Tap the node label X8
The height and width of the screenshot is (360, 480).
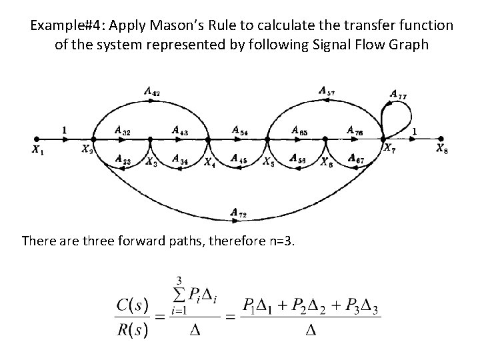442,149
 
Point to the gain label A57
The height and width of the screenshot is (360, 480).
327,91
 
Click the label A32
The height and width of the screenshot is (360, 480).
122,131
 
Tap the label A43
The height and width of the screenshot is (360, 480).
179,131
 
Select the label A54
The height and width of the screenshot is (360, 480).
240,131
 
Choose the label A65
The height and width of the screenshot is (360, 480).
299,131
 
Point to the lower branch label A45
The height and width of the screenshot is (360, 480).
239,159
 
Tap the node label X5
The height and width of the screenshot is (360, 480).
267,162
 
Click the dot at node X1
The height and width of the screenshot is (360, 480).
37,140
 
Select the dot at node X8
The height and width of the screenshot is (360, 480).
439,140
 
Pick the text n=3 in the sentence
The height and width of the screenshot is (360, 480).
275,240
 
